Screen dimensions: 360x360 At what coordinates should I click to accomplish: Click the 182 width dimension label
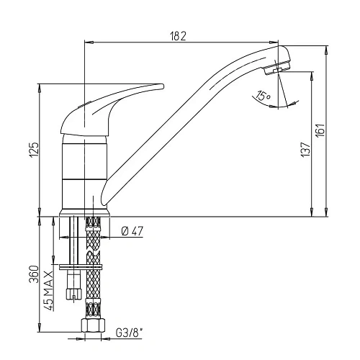(x=180, y=37)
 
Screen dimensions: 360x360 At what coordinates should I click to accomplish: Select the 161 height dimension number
(x=320, y=130)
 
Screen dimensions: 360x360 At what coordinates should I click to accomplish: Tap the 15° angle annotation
(x=263, y=96)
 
